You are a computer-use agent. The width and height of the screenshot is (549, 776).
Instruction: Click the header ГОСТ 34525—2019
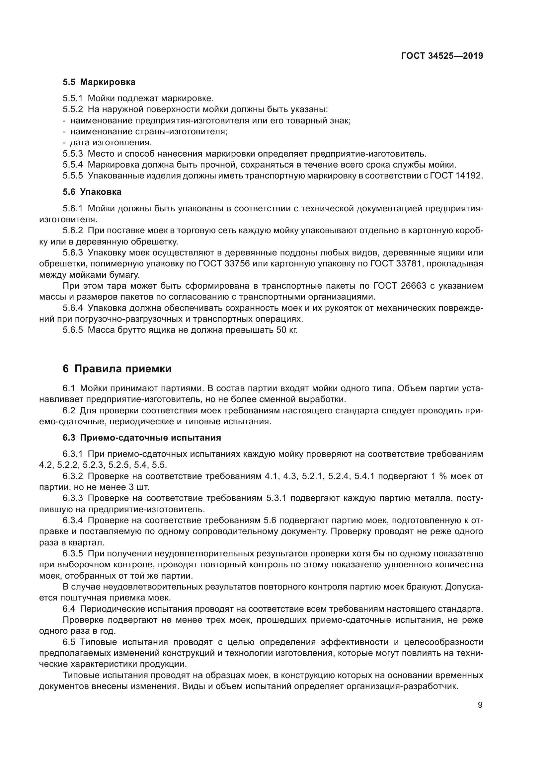point(442,56)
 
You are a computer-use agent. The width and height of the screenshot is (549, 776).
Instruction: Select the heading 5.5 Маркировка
point(99,82)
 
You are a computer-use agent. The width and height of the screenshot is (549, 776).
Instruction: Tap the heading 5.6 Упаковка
point(92,192)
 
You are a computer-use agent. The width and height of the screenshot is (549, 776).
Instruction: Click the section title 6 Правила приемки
point(117,369)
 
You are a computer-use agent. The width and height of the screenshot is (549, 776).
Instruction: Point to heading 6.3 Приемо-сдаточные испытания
point(142,438)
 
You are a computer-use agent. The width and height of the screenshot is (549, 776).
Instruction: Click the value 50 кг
point(287,330)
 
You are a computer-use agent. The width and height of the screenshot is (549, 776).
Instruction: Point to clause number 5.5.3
point(73,154)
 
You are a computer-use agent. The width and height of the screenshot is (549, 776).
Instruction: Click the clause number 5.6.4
point(73,308)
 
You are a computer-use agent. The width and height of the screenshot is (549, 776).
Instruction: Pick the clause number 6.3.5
point(73,554)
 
